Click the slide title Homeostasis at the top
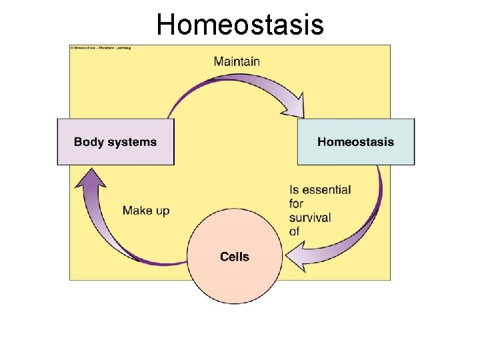point(240,25)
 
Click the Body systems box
point(115,141)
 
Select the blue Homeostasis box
point(355,141)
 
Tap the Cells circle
point(234,257)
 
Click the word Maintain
point(237,61)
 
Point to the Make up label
point(146,211)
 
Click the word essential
point(327,190)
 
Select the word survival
point(310,217)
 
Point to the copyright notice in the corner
point(101,48)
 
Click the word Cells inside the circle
point(235,257)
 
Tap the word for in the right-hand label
point(296,204)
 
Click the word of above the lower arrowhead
point(295,231)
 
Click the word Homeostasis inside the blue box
point(355,142)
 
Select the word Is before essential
point(294,190)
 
